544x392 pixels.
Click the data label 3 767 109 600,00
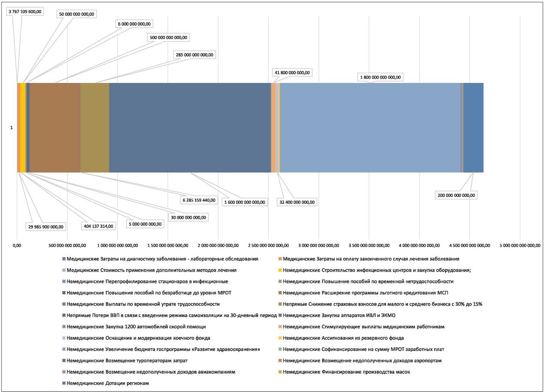[25, 12]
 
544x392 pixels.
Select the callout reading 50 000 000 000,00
[77, 14]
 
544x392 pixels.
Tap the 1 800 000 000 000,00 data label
[380, 77]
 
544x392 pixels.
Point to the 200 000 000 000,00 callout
[456, 195]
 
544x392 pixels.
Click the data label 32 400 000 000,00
[297, 202]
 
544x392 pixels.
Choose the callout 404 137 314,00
[98, 226]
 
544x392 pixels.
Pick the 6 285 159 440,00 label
[199, 200]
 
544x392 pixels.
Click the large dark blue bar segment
[190, 128]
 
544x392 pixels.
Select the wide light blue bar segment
[370, 128]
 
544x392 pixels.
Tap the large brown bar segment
[55, 128]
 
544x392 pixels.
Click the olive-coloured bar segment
[95, 128]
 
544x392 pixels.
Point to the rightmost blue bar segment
[473, 128]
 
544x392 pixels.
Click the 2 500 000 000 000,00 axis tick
[268, 245]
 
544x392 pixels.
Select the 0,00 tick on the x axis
[17, 245]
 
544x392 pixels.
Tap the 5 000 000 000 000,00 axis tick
[520, 245]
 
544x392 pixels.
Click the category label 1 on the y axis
[11, 128]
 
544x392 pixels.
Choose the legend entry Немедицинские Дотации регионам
[106, 383]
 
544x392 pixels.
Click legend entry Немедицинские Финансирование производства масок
[344, 372]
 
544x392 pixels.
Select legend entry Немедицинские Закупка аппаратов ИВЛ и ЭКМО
[337, 315]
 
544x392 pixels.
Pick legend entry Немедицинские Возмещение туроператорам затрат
[125, 361]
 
